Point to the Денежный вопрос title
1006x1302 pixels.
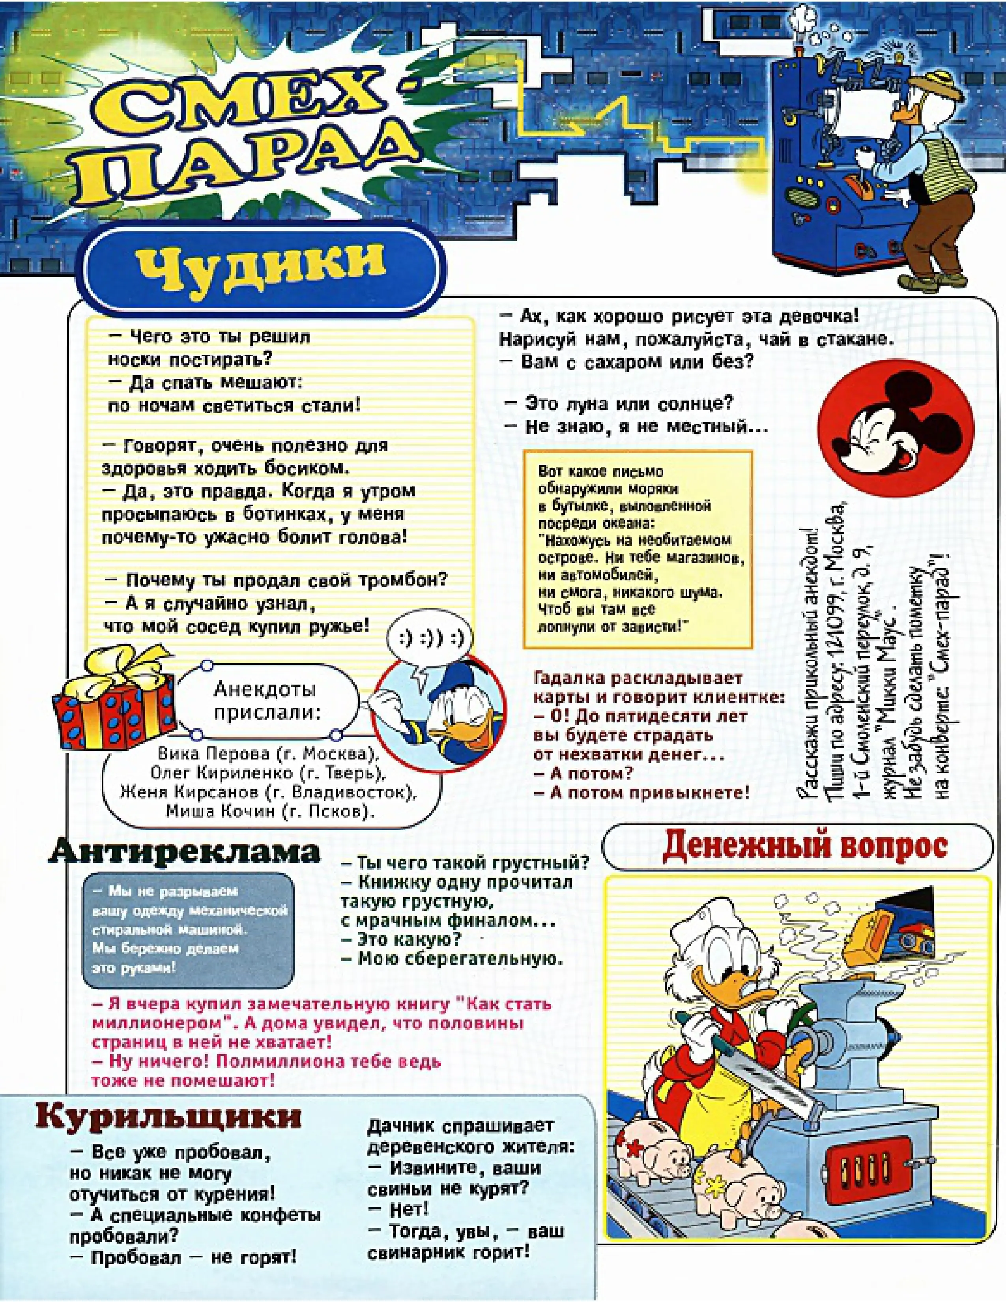[x=804, y=846]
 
